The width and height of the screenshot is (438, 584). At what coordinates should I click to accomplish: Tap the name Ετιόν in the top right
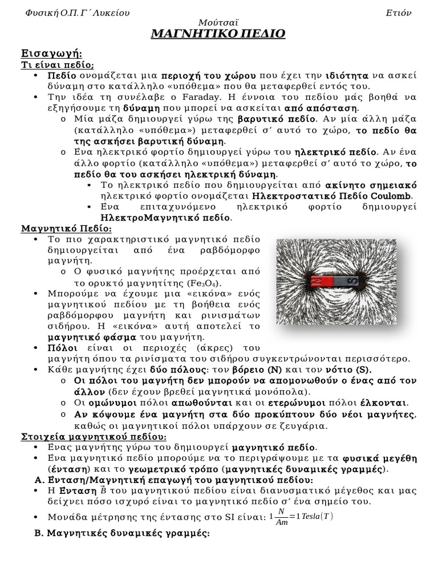pyautogui.click(x=398, y=12)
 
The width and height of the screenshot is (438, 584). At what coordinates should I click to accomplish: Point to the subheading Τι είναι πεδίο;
pyautogui.click(x=58, y=65)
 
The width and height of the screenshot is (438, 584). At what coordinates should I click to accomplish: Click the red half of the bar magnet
pyautogui.click(x=321, y=281)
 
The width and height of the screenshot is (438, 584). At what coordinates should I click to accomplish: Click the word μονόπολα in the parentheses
pyautogui.click(x=281, y=392)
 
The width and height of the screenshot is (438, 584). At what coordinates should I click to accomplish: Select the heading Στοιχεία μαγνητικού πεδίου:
pyautogui.click(x=94, y=436)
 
